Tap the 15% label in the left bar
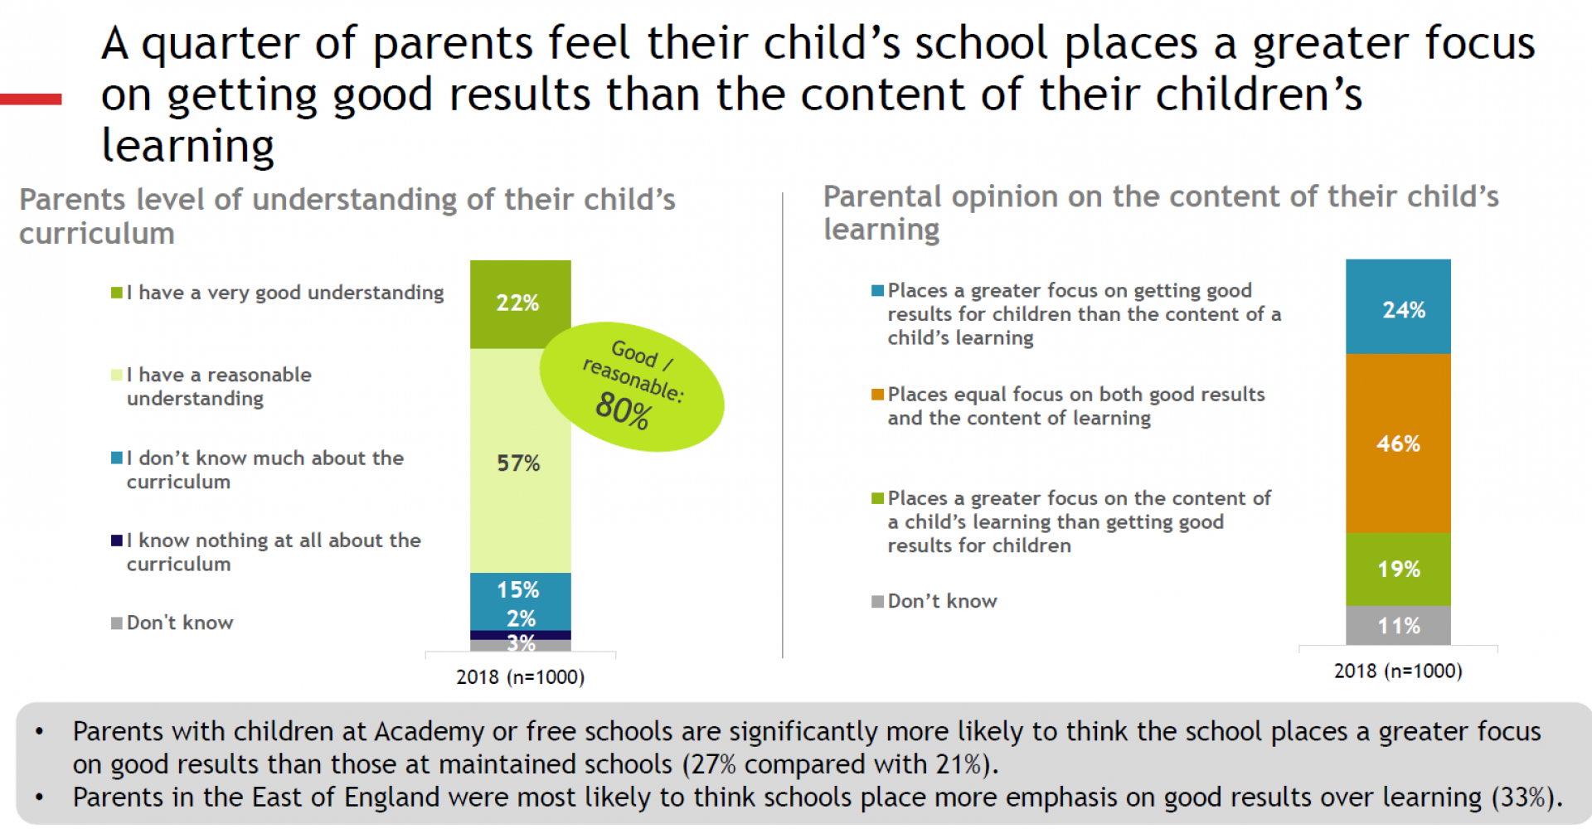coord(518,589)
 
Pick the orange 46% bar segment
coord(1398,444)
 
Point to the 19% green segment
coord(1398,569)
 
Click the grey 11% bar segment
coord(1398,625)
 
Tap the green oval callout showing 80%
coord(632,386)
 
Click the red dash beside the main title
coord(31,99)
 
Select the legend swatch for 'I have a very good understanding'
coord(117,293)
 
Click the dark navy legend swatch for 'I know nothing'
coord(117,541)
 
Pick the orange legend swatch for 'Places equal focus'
coord(877,395)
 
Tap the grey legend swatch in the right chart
coord(877,601)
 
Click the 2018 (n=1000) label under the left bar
coord(520,677)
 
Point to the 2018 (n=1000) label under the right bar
coord(1398,671)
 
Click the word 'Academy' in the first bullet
coord(429,731)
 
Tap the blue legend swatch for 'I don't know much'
coord(117,458)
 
